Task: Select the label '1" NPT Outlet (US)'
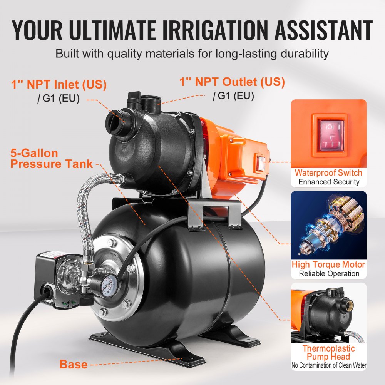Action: coord(233,82)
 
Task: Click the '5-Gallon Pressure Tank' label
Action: coord(52,158)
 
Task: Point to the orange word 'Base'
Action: coord(73,364)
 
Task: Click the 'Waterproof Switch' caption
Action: coord(328,173)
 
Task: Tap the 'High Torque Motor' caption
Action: coord(328,264)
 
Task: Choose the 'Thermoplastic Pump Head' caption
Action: coord(328,352)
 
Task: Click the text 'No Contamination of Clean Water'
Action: coord(328,365)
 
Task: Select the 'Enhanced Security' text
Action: coord(328,182)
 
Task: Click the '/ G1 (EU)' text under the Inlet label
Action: coord(58,99)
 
